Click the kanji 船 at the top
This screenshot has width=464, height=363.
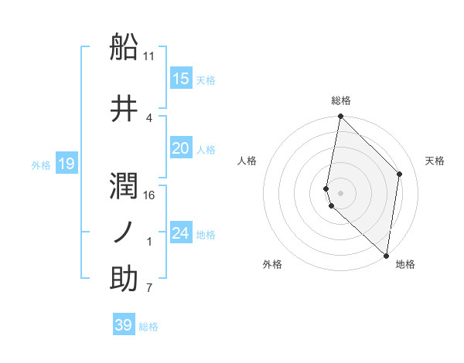point(124,48)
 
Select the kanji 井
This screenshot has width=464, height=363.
point(124,109)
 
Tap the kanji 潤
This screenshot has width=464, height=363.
point(124,186)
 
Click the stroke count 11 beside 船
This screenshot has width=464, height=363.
point(149,56)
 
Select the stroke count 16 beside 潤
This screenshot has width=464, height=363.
point(149,195)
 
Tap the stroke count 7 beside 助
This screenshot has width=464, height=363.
point(149,288)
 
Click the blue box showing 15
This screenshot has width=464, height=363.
point(180,79)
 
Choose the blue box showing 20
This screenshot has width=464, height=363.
point(180,148)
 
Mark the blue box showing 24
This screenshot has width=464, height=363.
point(180,233)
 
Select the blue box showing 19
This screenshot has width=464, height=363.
point(67,164)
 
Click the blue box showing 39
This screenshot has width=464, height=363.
point(123,325)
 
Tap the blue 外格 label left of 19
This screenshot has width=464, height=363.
point(41,165)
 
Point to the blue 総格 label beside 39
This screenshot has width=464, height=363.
point(148,327)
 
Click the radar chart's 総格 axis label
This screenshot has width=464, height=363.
point(341,101)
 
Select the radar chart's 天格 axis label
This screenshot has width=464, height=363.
point(435,161)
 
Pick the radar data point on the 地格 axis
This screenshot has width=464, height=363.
point(387,255)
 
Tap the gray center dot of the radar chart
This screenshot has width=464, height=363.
point(341,192)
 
